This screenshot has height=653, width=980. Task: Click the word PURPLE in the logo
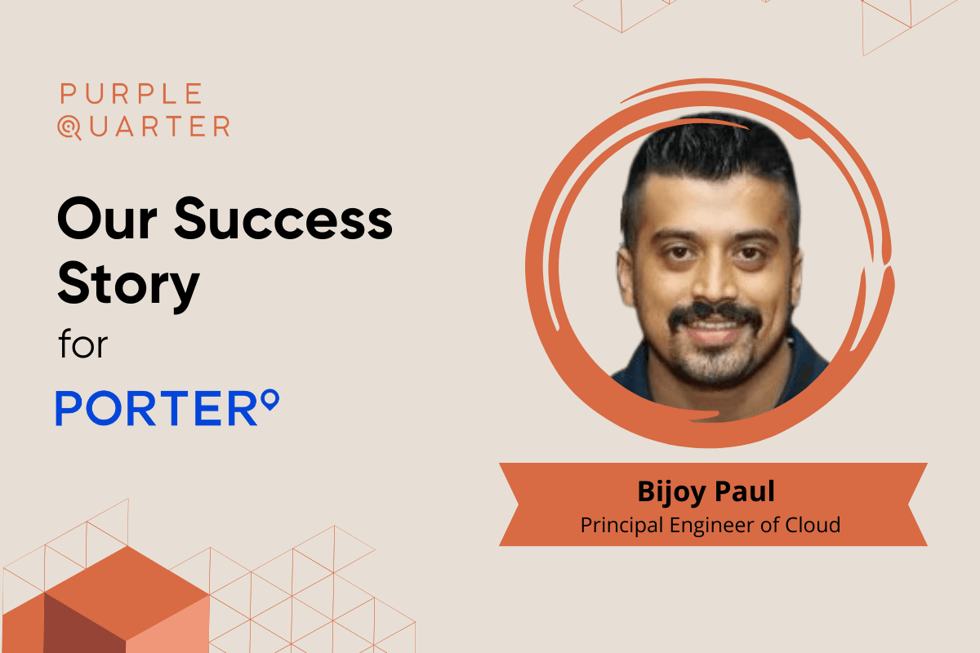point(131,94)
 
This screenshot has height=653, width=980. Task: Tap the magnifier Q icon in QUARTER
point(69,127)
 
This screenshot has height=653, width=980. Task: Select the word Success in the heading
point(283,219)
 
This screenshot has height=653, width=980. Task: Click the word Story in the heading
point(129,284)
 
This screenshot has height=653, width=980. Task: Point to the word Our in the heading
point(107,220)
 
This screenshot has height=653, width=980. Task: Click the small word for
point(83,344)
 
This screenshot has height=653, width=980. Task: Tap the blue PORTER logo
point(167,407)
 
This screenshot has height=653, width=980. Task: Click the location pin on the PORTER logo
point(270,399)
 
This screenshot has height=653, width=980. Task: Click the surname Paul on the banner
point(745,491)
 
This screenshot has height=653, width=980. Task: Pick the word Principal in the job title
point(621,526)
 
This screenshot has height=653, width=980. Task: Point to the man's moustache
point(715,314)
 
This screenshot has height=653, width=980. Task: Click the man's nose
point(713,280)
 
